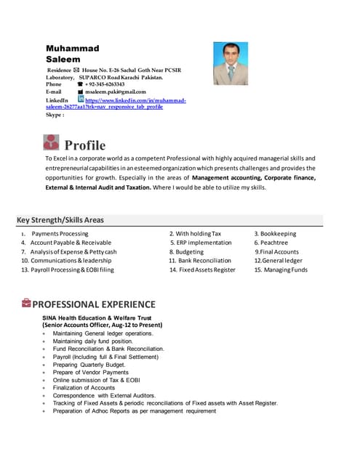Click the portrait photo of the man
(231, 63)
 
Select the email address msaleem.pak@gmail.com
(116, 92)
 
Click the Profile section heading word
(85, 145)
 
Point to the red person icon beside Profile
(52, 142)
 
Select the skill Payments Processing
(60, 234)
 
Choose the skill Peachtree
(275, 243)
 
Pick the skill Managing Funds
(284, 270)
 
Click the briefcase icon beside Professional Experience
(26, 303)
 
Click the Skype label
(55, 115)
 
